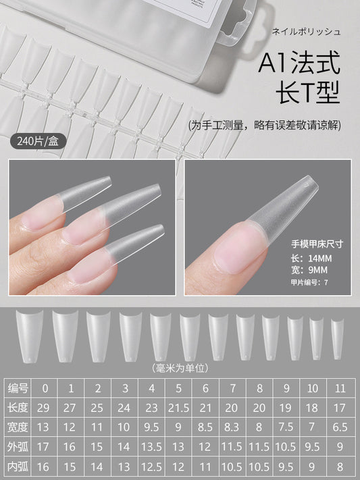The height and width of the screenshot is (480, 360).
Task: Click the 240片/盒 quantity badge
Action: (38, 141)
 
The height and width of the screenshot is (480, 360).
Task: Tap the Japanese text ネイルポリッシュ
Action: (306, 32)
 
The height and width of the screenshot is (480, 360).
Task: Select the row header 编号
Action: (18, 388)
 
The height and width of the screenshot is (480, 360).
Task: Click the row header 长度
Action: (18, 408)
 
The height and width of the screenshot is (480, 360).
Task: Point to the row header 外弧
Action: (18, 447)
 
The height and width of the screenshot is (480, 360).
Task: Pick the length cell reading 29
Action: (43, 408)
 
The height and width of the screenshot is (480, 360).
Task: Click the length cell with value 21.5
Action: (178, 408)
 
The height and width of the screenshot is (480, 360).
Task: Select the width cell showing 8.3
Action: (232, 427)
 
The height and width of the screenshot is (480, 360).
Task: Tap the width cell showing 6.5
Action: (340, 427)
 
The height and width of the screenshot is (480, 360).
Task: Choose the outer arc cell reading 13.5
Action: (151, 447)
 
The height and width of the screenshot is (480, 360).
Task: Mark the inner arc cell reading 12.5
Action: (151, 467)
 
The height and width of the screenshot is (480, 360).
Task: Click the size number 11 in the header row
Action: (340, 388)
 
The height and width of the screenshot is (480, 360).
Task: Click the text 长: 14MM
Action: (311, 259)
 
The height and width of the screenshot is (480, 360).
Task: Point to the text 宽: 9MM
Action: (309, 270)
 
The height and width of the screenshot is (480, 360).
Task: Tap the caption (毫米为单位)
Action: (180, 368)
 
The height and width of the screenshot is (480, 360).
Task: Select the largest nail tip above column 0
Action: (30, 336)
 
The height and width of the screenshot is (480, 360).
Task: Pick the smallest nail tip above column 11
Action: (337, 339)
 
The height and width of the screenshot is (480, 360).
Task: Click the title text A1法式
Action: (299, 63)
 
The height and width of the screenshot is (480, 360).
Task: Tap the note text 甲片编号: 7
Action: (309, 282)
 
